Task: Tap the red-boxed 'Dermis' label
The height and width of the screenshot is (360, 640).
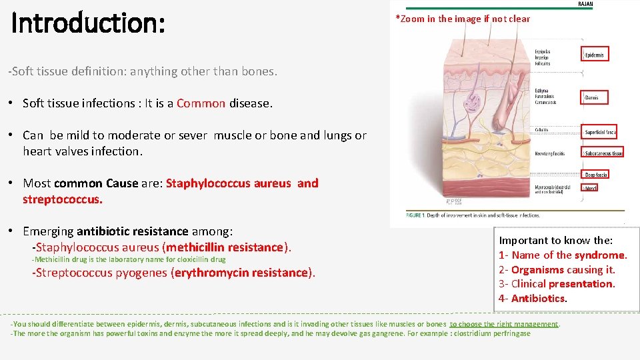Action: tap(592, 98)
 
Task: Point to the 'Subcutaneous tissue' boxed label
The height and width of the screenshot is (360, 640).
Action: tap(603, 153)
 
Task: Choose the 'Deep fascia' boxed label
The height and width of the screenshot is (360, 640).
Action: tap(595, 175)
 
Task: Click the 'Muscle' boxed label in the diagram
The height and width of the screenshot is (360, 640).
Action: tap(591, 189)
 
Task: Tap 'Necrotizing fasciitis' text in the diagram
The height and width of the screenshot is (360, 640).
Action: tap(551, 153)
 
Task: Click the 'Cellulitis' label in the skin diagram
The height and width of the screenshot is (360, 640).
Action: tap(542, 129)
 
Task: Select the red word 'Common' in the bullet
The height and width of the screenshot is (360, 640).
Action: tap(201, 103)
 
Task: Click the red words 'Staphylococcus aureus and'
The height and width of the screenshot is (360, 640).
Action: tap(242, 183)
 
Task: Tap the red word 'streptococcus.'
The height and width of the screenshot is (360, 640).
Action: tap(63, 199)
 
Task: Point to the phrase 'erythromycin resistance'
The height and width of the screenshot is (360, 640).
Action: tap(242, 273)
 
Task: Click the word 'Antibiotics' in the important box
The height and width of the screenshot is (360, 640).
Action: tap(537, 299)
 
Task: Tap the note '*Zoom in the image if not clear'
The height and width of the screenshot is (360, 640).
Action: tap(463, 19)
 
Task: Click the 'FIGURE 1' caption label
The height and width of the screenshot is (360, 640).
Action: tap(421, 215)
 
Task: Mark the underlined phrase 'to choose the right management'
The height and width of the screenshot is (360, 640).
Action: tap(504, 324)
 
